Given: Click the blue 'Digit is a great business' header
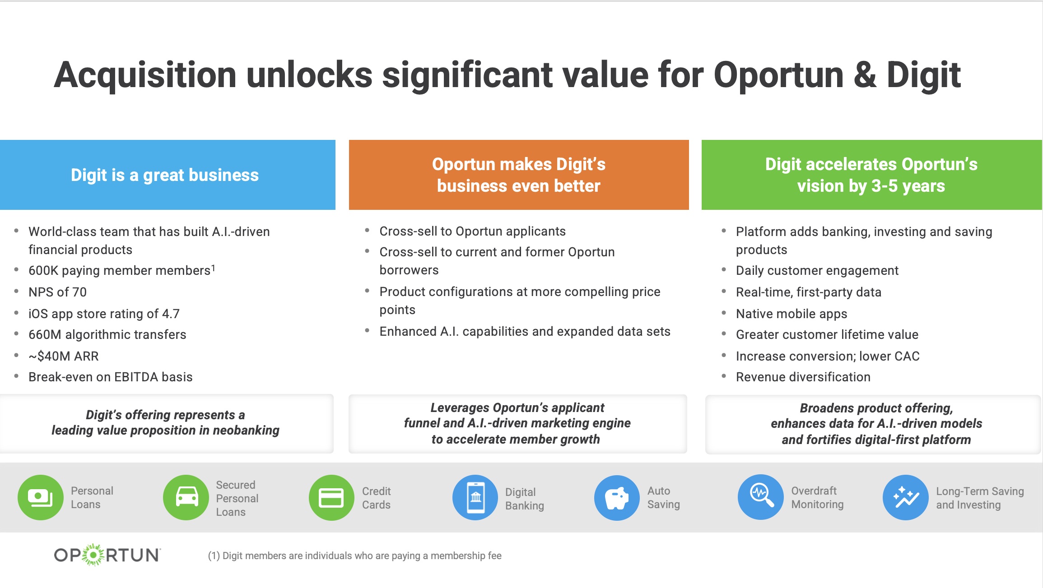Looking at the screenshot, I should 167,175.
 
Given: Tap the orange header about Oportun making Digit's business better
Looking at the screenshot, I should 518,175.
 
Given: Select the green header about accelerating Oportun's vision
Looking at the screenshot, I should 871,175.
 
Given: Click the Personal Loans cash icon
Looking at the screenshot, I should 41,497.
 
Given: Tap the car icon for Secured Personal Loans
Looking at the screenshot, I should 186,497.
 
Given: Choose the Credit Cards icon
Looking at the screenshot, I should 331,497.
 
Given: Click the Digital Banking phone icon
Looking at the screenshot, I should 475,497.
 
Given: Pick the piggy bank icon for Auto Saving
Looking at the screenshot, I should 617,497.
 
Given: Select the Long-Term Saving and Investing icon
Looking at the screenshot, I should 905,497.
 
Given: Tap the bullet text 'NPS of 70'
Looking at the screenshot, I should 57,292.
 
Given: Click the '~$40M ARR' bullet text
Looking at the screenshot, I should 63,356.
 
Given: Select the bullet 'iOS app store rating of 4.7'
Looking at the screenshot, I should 104,314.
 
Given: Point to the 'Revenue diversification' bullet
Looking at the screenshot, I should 803,377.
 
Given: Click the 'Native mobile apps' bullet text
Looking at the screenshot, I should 791,314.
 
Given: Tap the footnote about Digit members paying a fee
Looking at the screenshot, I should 354,556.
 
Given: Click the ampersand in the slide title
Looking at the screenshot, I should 865,74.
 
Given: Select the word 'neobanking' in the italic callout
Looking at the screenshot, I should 246,430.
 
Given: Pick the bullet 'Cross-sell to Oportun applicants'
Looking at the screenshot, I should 472,231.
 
